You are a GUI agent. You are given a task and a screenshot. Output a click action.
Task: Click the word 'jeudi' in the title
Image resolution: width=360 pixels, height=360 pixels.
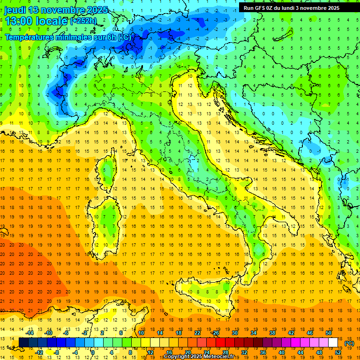click(x=16, y=10)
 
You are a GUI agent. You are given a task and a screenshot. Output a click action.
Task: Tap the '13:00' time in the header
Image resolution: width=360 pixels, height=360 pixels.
click(x=20, y=21)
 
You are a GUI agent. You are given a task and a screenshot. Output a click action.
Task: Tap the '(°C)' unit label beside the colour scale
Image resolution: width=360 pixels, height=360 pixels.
click(x=349, y=343)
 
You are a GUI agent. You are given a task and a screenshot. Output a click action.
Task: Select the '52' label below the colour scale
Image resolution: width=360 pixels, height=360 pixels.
click(x=338, y=352)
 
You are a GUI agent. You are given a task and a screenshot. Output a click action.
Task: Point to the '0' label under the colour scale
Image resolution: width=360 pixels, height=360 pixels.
click(x=93, y=352)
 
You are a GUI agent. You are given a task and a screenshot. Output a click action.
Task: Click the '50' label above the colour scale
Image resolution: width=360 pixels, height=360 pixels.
click(x=328, y=333)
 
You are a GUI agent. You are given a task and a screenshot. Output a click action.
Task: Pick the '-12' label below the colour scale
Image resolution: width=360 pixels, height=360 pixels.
click(x=39, y=352)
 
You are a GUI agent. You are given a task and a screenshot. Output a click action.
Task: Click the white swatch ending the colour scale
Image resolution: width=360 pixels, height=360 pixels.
click(x=333, y=343)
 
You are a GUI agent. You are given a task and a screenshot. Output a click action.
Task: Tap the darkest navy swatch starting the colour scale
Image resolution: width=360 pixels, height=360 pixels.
click(x=24, y=343)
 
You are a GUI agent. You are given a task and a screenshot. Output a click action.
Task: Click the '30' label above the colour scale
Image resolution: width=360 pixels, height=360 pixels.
click(x=234, y=333)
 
